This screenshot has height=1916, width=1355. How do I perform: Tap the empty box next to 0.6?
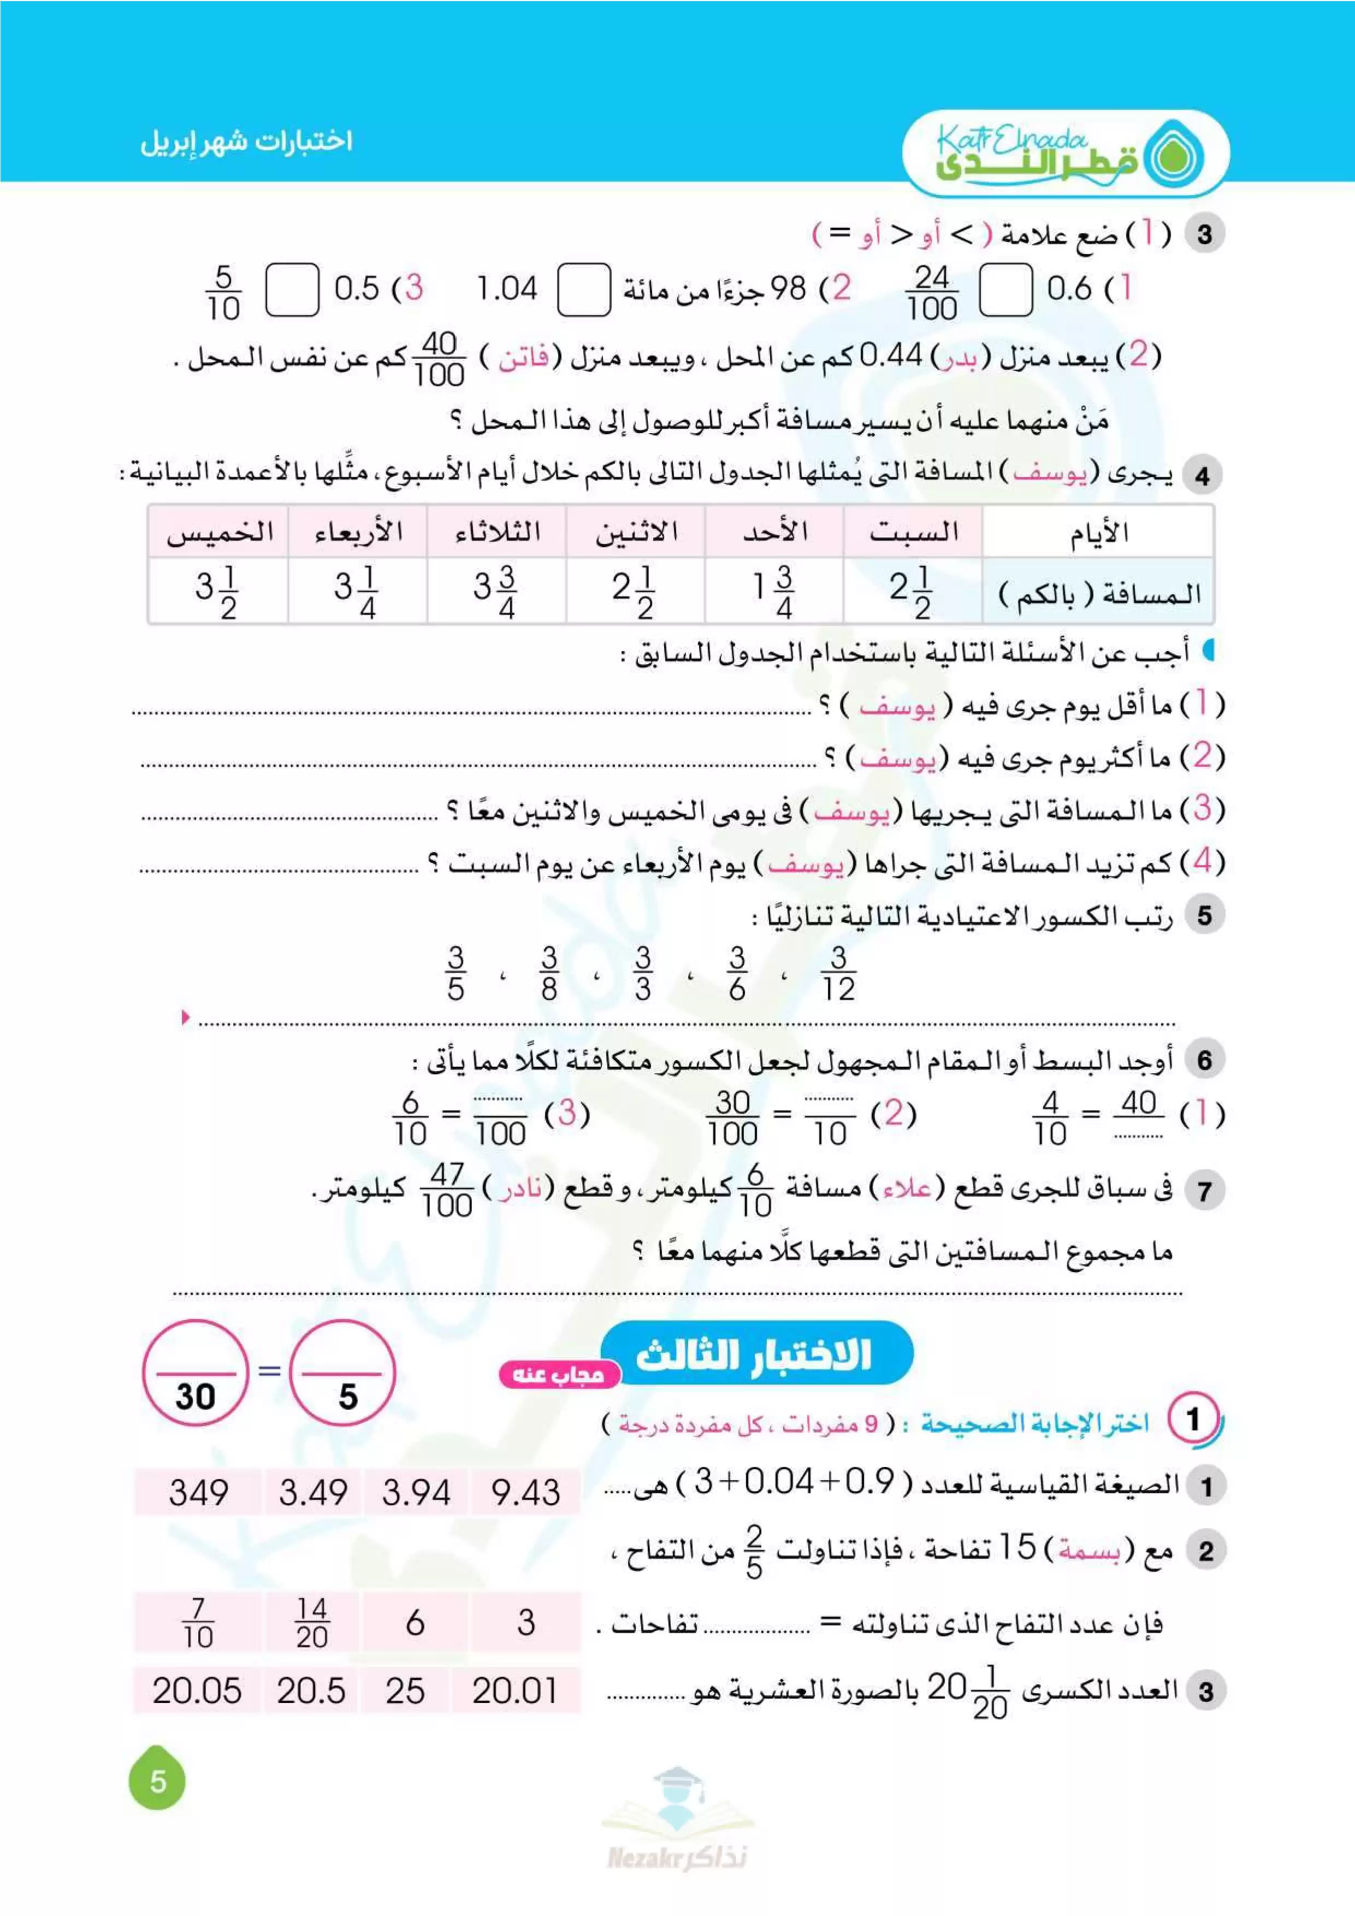click(x=1005, y=291)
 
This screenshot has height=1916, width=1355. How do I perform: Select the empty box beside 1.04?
click(x=583, y=291)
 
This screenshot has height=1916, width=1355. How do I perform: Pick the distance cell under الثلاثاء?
click(x=496, y=592)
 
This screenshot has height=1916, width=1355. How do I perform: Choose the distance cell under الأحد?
click(x=774, y=592)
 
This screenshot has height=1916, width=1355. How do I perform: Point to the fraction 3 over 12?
click(x=838, y=974)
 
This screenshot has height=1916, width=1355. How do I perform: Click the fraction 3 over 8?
click(x=549, y=974)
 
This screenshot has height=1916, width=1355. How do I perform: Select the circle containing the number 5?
click(x=344, y=1373)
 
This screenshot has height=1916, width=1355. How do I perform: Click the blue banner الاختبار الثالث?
click(x=756, y=1355)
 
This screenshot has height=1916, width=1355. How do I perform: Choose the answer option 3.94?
click(x=416, y=1492)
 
